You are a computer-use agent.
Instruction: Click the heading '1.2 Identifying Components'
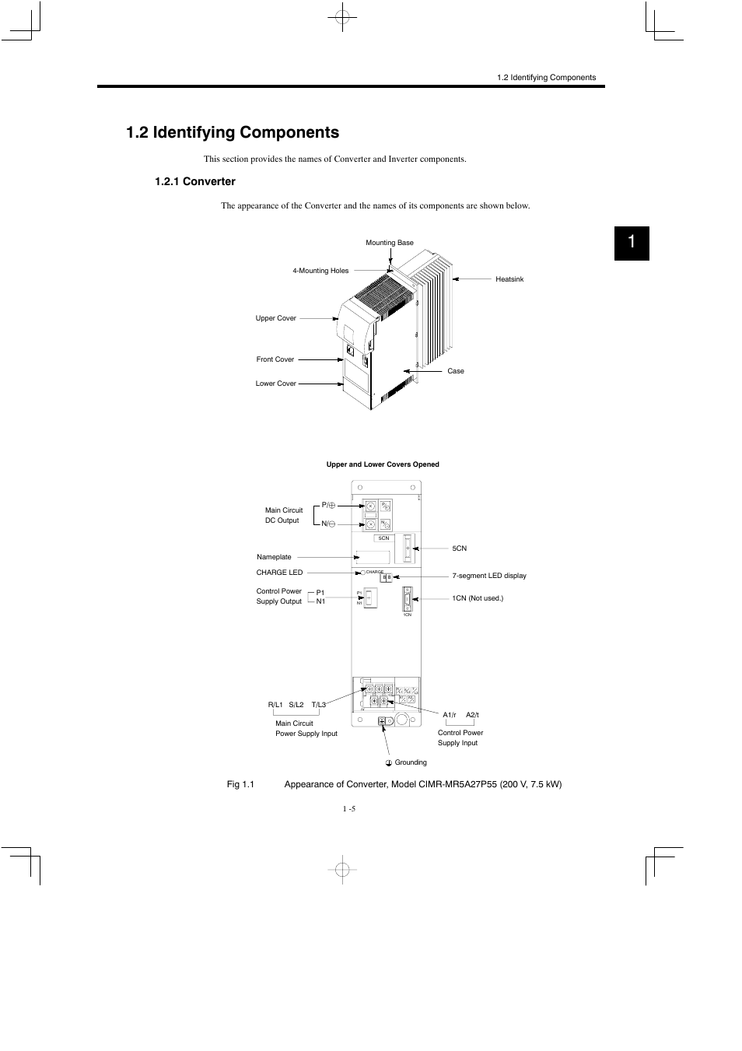[232, 132]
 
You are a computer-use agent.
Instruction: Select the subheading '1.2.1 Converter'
[194, 181]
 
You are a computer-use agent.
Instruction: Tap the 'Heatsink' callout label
[509, 279]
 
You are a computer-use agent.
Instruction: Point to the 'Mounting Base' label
[390, 243]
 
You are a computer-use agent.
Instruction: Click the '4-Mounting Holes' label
[320, 271]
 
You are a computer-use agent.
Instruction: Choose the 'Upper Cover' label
[275, 318]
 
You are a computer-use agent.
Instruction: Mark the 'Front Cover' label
[275, 359]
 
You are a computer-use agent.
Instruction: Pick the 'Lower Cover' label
[275, 384]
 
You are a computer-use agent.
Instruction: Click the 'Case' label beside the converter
[455, 371]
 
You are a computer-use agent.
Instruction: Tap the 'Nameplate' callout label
[274, 557]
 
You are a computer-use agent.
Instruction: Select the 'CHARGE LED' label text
[279, 573]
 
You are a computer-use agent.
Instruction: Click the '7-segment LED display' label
[489, 576]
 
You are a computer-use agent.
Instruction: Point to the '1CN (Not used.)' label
[478, 598]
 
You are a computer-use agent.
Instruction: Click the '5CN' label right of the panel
[459, 548]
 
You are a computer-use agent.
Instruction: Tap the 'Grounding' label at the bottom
[410, 762]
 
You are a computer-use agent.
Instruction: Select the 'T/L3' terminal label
[319, 705]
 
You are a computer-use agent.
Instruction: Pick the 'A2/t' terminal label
[472, 715]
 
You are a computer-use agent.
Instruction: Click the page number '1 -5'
[348, 809]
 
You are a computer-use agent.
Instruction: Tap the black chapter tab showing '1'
[631, 243]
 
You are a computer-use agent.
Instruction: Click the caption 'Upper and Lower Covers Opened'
[382, 464]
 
